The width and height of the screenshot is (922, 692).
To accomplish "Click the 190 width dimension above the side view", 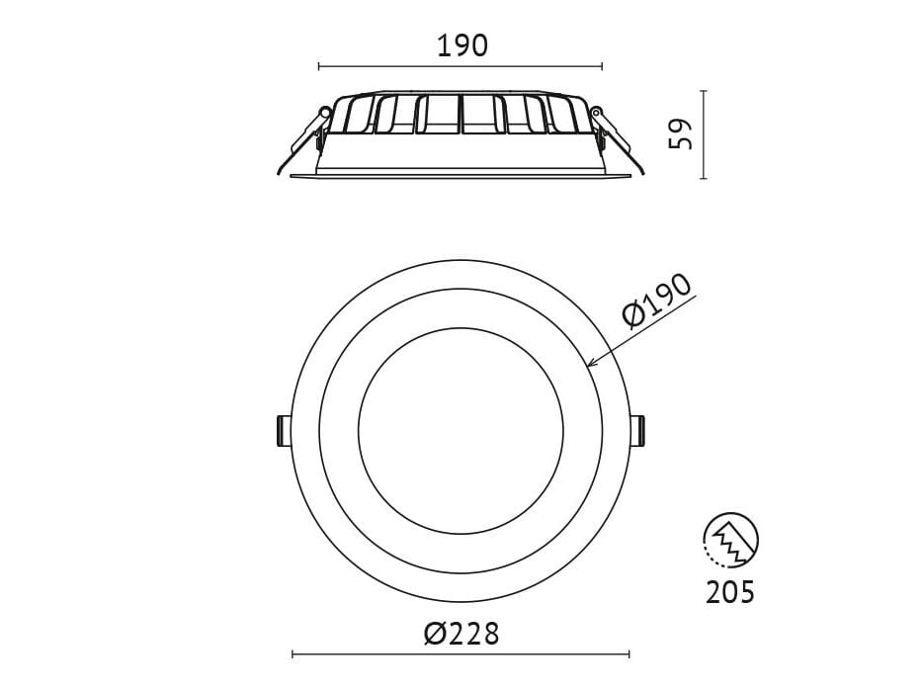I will tap(461, 45).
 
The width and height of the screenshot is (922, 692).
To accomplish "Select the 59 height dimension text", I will tap(681, 134).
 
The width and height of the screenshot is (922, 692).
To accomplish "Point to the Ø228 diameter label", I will tap(461, 634).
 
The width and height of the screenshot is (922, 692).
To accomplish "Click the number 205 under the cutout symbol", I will tap(730, 592).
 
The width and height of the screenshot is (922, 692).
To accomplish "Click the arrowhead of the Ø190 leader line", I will tap(591, 365).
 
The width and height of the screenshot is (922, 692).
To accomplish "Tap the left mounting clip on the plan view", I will tap(283, 430).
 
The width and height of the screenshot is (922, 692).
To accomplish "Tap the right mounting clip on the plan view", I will tap(638, 430).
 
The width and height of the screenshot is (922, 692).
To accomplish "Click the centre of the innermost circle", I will tap(461, 430).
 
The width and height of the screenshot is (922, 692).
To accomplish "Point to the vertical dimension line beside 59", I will tap(704, 134).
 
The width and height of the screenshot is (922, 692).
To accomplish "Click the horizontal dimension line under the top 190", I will tap(461, 66).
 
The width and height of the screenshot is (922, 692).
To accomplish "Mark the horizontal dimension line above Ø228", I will tap(461, 653).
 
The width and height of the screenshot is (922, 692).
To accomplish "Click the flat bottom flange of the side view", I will tap(461, 175).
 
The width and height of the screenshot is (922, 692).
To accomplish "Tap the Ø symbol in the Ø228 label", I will tap(436, 634).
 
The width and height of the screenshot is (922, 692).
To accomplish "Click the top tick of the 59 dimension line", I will tap(704, 91).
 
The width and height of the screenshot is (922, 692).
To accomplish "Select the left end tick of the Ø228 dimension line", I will tap(293, 653).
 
